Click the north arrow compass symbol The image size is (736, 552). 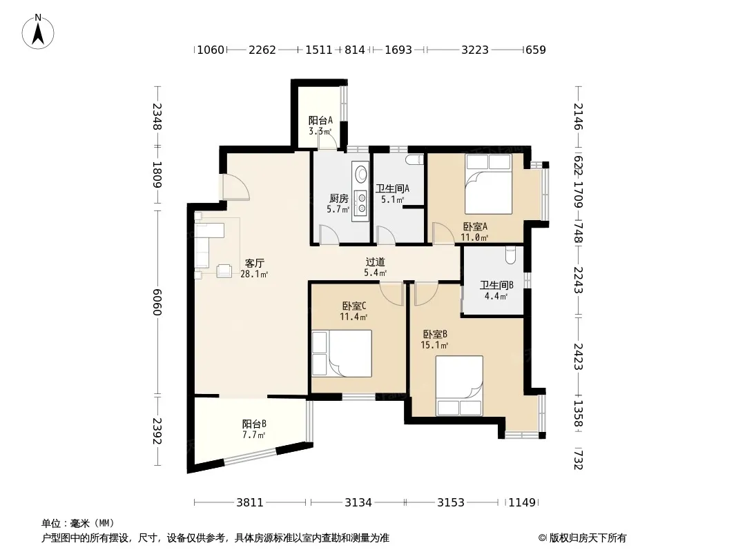(x=38, y=32)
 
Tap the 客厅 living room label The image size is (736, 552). (x=254, y=263)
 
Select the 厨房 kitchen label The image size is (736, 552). (x=338, y=199)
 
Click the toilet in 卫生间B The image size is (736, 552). (x=511, y=255)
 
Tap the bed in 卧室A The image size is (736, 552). (x=488, y=184)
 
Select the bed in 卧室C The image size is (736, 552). (x=342, y=353)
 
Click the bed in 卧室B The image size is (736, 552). (x=459, y=386)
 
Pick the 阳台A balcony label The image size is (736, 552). (x=320, y=121)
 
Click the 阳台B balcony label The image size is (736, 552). (x=254, y=424)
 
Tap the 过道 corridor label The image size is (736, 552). (x=376, y=262)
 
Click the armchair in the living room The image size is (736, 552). (x=224, y=270)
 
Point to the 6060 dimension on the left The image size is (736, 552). (x=157, y=302)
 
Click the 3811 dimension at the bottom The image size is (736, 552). (x=250, y=503)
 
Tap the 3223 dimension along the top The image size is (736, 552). (x=475, y=50)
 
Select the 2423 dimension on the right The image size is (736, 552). (x=579, y=357)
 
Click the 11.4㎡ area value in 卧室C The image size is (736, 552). (x=354, y=317)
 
